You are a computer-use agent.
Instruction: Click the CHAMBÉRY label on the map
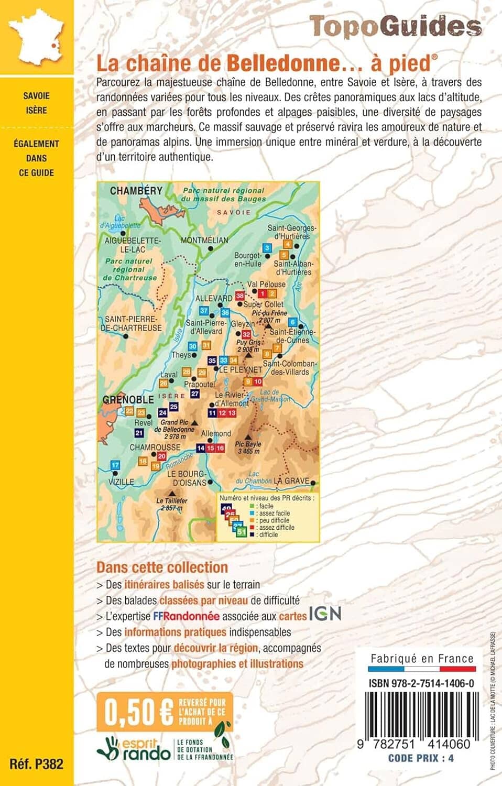pyautogui.click(x=136, y=191)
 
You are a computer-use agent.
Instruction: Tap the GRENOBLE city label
pyautogui.click(x=128, y=399)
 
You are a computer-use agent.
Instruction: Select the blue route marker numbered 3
pyautogui.click(x=267, y=248)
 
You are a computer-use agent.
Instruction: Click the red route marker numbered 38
pyautogui.click(x=240, y=296)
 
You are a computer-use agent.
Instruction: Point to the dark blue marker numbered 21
pyautogui.click(x=139, y=433)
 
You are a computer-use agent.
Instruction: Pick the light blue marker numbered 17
pyautogui.click(x=115, y=465)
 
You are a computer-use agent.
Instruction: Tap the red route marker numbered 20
pyautogui.click(x=161, y=456)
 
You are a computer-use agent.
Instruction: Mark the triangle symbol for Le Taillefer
pyautogui.click(x=172, y=493)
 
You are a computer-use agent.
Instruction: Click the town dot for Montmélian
pyautogui.click(x=211, y=248)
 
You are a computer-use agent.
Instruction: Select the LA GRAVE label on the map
pyautogui.click(x=291, y=481)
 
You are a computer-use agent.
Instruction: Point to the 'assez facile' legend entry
pyautogui.click(x=274, y=514)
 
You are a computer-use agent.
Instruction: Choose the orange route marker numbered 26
pyautogui.click(x=163, y=384)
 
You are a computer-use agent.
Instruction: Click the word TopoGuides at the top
pyautogui.click(x=395, y=26)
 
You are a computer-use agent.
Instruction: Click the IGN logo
pyautogui.click(x=325, y=614)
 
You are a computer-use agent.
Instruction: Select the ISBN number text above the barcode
pyautogui.click(x=421, y=683)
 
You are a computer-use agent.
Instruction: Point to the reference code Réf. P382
pyautogui.click(x=36, y=763)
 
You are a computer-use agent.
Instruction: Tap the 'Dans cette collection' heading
pyautogui.click(x=162, y=567)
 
